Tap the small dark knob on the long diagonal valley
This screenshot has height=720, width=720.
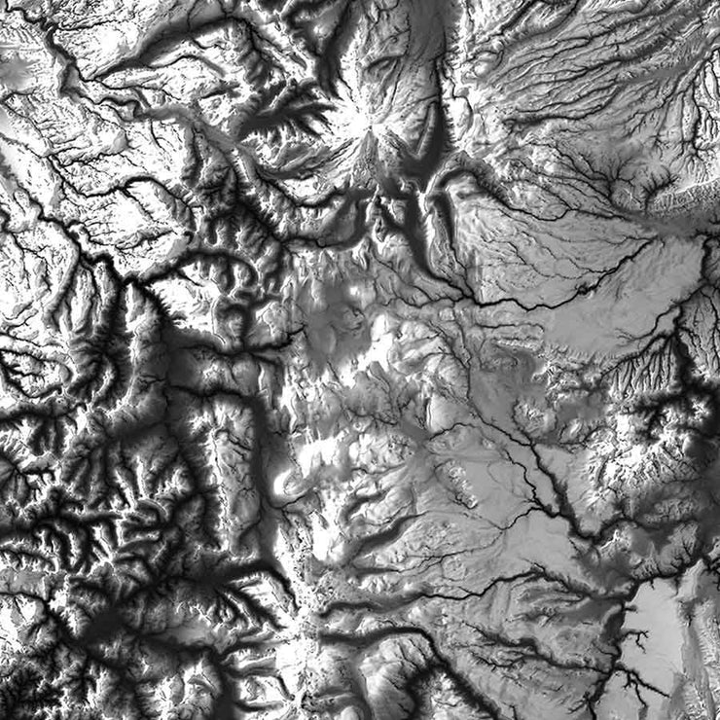pyautogui.click(x=585, y=288)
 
